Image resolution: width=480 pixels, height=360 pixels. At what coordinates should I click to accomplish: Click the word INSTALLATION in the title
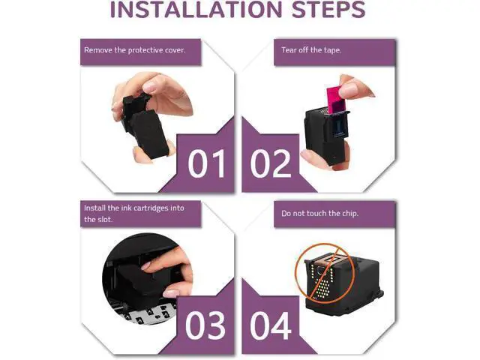(x=196, y=10)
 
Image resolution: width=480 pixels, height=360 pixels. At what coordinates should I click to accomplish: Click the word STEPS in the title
(x=328, y=10)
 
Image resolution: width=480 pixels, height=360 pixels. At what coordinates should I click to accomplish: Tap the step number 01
(x=206, y=163)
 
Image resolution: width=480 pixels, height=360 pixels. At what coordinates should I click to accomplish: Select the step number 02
(x=271, y=163)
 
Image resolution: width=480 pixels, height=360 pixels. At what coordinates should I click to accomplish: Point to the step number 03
(x=205, y=325)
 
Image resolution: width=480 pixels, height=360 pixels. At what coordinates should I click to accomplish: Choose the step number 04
(x=271, y=325)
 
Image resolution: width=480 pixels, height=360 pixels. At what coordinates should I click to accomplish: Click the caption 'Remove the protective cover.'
(x=135, y=50)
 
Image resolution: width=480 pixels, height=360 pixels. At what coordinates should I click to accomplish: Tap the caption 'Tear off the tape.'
(x=311, y=50)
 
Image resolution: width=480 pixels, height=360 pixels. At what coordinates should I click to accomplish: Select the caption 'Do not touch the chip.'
(x=319, y=213)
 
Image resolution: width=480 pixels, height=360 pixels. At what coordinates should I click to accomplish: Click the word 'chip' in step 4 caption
(x=349, y=213)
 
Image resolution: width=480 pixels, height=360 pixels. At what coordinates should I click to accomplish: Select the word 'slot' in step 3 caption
(x=104, y=220)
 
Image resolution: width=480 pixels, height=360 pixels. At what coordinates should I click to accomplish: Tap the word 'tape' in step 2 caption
(x=333, y=50)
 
